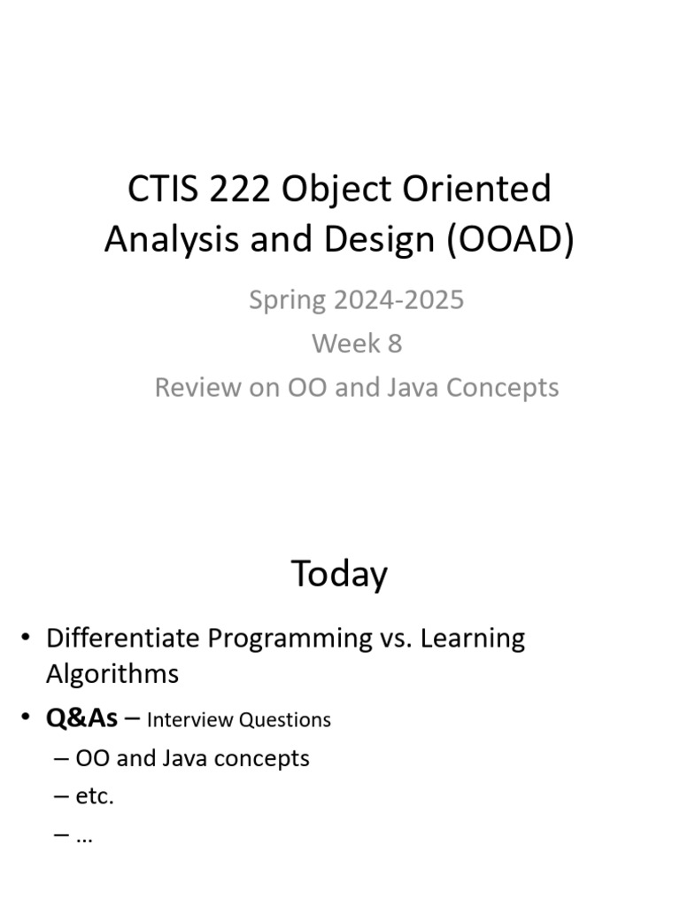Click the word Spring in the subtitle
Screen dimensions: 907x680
[287, 300]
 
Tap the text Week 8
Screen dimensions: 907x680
[356, 344]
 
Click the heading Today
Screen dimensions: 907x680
[339, 575]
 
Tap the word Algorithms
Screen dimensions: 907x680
[112, 674]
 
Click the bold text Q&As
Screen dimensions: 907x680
[81, 717]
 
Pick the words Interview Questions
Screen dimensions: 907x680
[239, 719]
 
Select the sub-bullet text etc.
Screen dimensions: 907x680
[95, 795]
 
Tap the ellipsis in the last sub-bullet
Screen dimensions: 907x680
[85, 834]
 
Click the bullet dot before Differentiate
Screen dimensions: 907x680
[27, 639]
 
